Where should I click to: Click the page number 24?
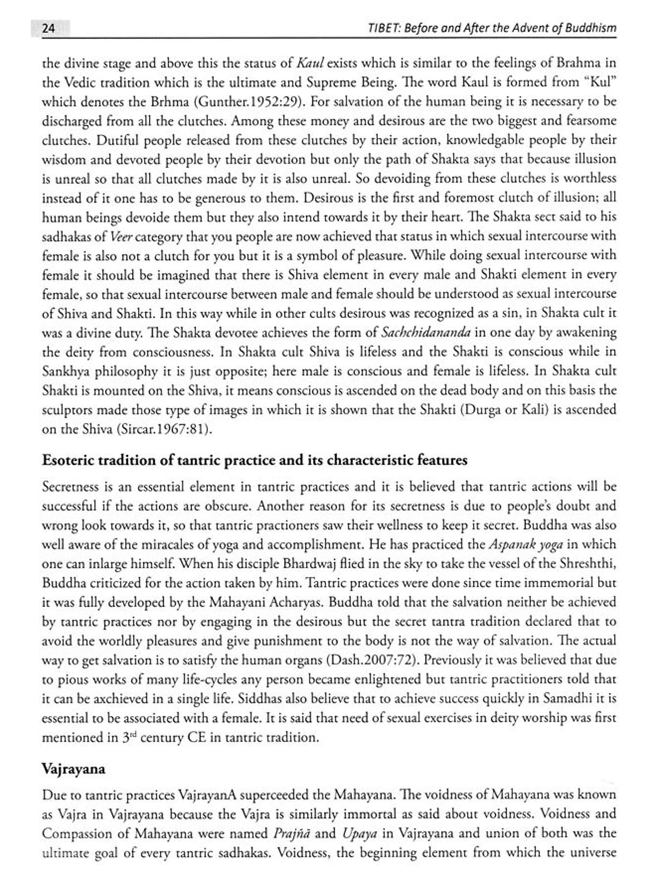point(48,29)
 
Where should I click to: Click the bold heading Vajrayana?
point(74,770)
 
